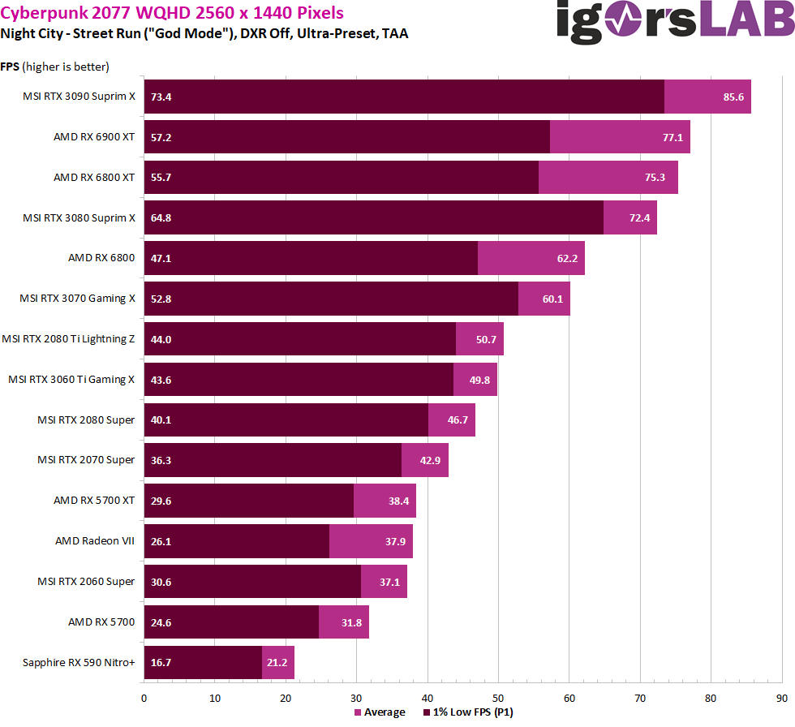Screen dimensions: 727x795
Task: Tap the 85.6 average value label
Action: pos(733,97)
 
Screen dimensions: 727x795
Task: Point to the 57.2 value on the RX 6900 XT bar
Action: pos(161,137)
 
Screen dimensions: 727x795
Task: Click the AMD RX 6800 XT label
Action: pos(93,177)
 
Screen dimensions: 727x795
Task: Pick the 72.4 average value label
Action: pos(639,217)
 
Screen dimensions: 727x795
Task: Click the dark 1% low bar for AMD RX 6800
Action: pos(311,258)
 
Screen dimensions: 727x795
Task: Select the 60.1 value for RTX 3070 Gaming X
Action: pos(552,299)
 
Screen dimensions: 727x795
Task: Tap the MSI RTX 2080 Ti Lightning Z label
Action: pos(68,339)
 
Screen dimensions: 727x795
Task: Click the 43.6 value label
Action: pos(161,380)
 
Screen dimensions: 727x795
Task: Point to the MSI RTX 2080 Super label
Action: pos(85,419)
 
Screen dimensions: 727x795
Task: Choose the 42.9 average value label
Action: pos(431,460)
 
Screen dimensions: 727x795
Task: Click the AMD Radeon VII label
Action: pos(94,541)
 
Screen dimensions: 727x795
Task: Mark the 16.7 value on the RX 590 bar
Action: pos(161,662)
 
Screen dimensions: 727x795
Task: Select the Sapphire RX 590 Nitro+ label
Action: pos(79,662)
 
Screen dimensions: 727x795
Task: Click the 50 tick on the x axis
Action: pos(498,697)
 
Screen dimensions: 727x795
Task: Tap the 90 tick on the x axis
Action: pos(781,697)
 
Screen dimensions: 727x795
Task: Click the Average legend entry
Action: pos(380,712)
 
